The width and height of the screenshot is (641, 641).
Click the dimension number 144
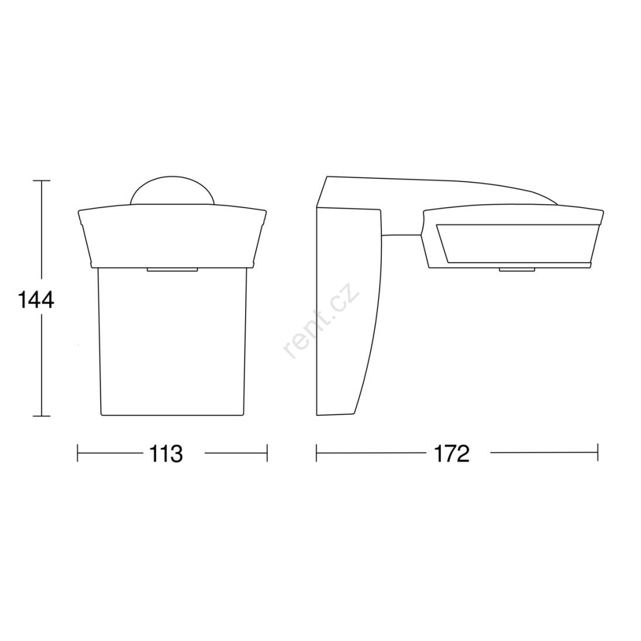(x=36, y=301)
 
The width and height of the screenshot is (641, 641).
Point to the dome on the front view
(x=172, y=191)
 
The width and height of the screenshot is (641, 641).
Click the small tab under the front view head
(x=172, y=270)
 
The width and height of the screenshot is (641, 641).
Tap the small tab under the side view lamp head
(x=517, y=270)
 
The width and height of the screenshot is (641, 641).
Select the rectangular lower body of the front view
(x=172, y=342)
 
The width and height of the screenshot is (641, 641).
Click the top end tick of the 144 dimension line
(x=42, y=180)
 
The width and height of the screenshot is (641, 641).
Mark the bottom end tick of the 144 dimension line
(x=42, y=416)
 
